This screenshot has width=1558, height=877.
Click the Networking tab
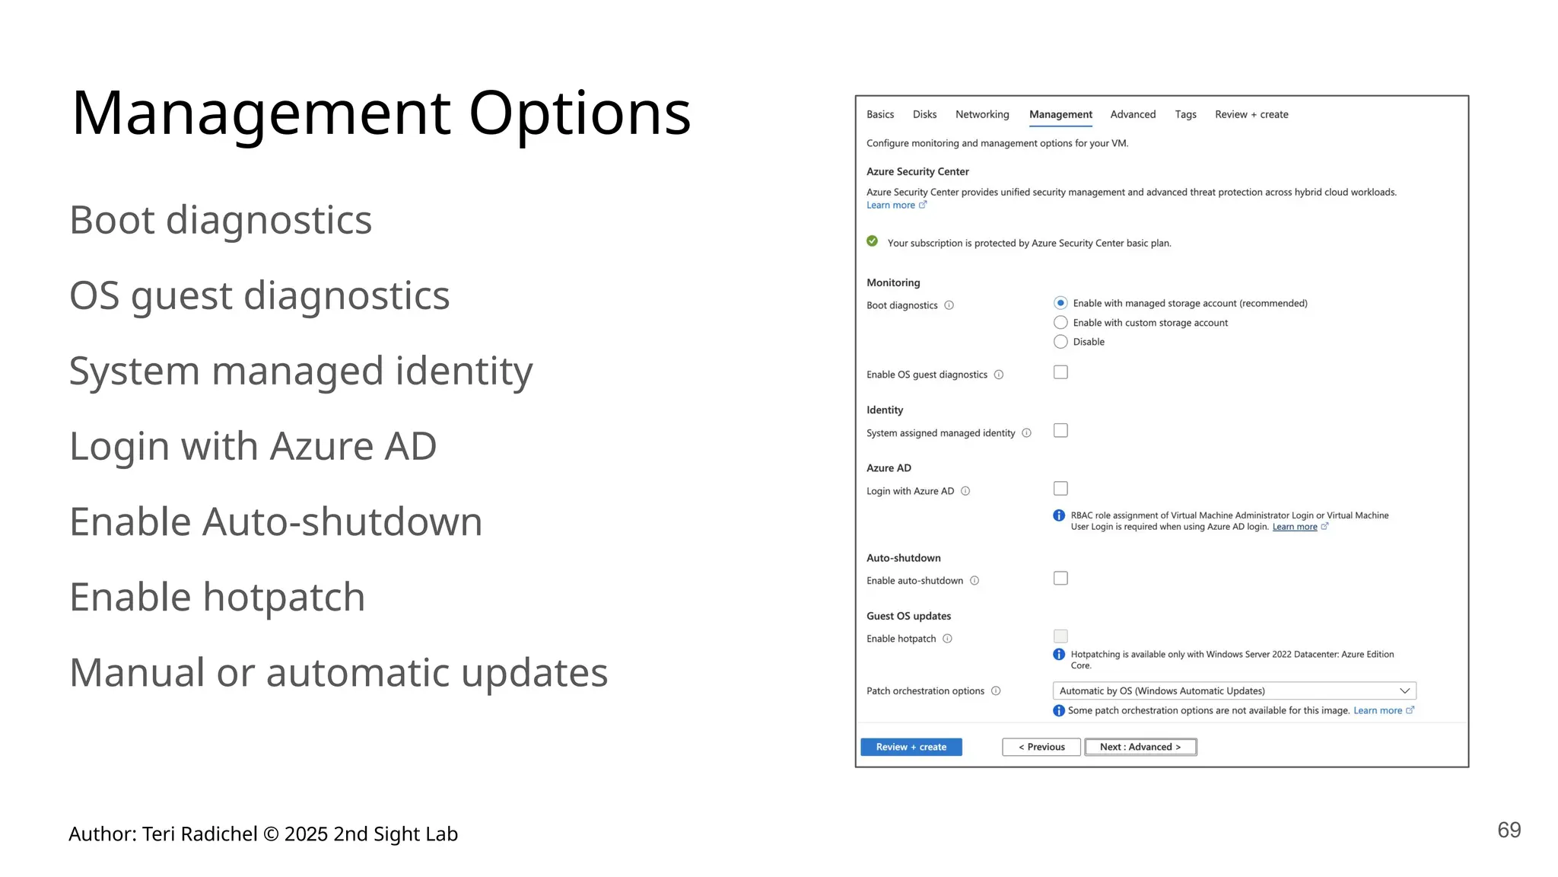pyautogui.click(x=981, y=114)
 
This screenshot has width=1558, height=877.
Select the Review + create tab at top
pyautogui.click(x=1251, y=114)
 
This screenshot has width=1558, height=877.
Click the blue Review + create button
pyautogui.click(x=911, y=747)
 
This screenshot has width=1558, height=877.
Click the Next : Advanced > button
pyautogui.click(x=1140, y=747)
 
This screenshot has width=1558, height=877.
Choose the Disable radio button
pyautogui.click(x=1060, y=342)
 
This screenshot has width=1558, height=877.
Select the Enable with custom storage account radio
pyautogui.click(x=1060, y=323)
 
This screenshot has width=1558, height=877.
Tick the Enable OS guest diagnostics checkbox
pyautogui.click(x=1060, y=372)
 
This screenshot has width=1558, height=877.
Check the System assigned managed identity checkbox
pyautogui.click(x=1060, y=431)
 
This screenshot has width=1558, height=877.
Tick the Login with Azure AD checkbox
pyautogui.click(x=1060, y=489)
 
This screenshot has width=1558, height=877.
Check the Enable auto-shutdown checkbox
pyautogui.click(x=1060, y=579)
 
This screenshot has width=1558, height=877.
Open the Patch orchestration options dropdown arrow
pyautogui.click(x=1404, y=691)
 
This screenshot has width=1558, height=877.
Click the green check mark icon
pyautogui.click(x=872, y=241)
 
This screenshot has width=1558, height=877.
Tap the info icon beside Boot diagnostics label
pyautogui.click(x=949, y=305)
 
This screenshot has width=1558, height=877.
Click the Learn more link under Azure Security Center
pyautogui.click(x=891, y=206)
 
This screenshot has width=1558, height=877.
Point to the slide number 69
pyautogui.click(x=1509, y=830)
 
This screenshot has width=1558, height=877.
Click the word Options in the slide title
pyautogui.click(x=579, y=114)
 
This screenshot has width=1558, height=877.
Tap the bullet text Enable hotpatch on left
pyautogui.click(x=217, y=597)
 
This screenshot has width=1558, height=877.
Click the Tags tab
pyautogui.click(x=1184, y=114)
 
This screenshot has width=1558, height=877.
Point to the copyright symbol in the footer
pyautogui.click(x=271, y=834)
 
